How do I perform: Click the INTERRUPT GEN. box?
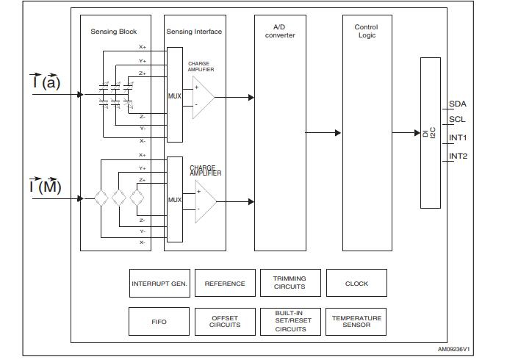pyautogui.click(x=159, y=284)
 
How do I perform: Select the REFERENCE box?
pyautogui.click(x=225, y=284)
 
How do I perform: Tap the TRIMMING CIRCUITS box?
pyautogui.click(x=290, y=283)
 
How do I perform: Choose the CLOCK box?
pyautogui.click(x=356, y=284)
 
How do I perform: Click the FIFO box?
pyautogui.click(x=159, y=322)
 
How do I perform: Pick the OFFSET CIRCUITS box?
pyautogui.click(x=225, y=322)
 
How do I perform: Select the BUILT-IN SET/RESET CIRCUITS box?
pyautogui.click(x=290, y=321)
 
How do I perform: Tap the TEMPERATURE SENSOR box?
pyautogui.click(x=356, y=322)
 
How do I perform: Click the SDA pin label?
pyautogui.click(x=458, y=104)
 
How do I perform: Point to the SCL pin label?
pyautogui.click(x=458, y=119)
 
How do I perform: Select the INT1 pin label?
pyautogui.click(x=459, y=137)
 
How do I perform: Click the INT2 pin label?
pyautogui.click(x=459, y=156)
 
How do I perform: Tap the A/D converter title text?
pyautogui.click(x=280, y=31)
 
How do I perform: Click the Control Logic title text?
pyautogui.click(x=366, y=31)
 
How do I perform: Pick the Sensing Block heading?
pyautogui.click(x=113, y=32)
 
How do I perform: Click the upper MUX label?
pyautogui.click(x=174, y=96)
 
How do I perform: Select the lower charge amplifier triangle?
pyautogui.click(x=204, y=201)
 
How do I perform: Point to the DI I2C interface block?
pyautogui.click(x=430, y=133)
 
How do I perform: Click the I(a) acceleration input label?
pyautogui.click(x=46, y=82)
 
